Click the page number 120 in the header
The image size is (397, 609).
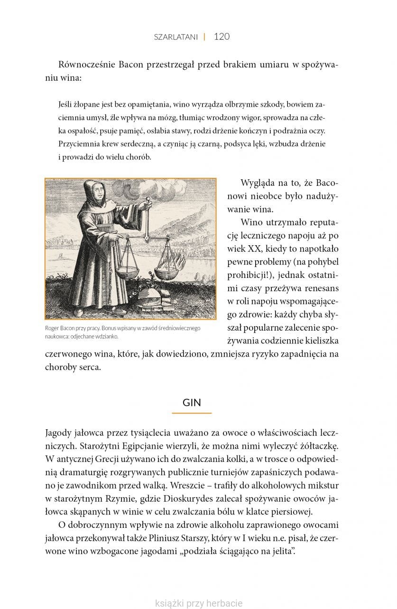(x=222, y=37)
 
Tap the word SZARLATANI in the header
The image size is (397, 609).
(x=175, y=37)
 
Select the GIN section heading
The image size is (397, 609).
(x=192, y=403)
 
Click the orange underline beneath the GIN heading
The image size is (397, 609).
(x=192, y=413)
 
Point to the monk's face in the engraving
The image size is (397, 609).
(x=97, y=193)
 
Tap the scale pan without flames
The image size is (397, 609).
(x=127, y=272)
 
